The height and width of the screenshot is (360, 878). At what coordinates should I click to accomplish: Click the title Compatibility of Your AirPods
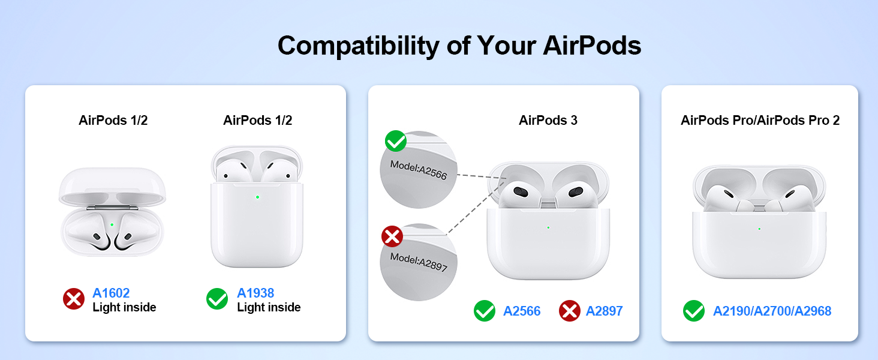click(459, 46)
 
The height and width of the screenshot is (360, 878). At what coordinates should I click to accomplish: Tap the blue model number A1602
click(111, 293)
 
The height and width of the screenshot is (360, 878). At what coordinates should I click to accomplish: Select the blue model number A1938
click(255, 293)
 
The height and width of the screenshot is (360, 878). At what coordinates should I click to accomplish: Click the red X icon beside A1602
click(74, 299)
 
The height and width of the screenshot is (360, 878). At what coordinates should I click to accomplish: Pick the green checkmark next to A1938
click(217, 299)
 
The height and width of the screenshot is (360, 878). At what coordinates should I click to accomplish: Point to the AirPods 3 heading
click(548, 120)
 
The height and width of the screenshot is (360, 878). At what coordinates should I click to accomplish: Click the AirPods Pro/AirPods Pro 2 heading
click(760, 120)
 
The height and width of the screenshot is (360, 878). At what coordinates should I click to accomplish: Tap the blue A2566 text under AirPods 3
click(522, 311)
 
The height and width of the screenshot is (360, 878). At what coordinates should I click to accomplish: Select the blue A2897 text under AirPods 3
click(604, 311)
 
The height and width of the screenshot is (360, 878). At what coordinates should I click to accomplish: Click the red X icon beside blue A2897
click(570, 311)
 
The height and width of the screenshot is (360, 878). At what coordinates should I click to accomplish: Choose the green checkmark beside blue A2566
click(485, 311)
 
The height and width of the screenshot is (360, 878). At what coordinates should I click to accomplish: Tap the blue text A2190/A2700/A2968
click(772, 311)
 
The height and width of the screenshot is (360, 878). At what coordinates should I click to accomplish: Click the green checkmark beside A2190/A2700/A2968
click(694, 311)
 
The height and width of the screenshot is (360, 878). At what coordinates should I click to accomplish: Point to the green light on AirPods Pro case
click(759, 229)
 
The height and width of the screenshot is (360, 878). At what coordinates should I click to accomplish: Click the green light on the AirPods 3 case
click(548, 227)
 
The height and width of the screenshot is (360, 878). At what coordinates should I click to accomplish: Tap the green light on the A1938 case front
click(257, 197)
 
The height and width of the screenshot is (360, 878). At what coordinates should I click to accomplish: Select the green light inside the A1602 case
click(112, 224)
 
